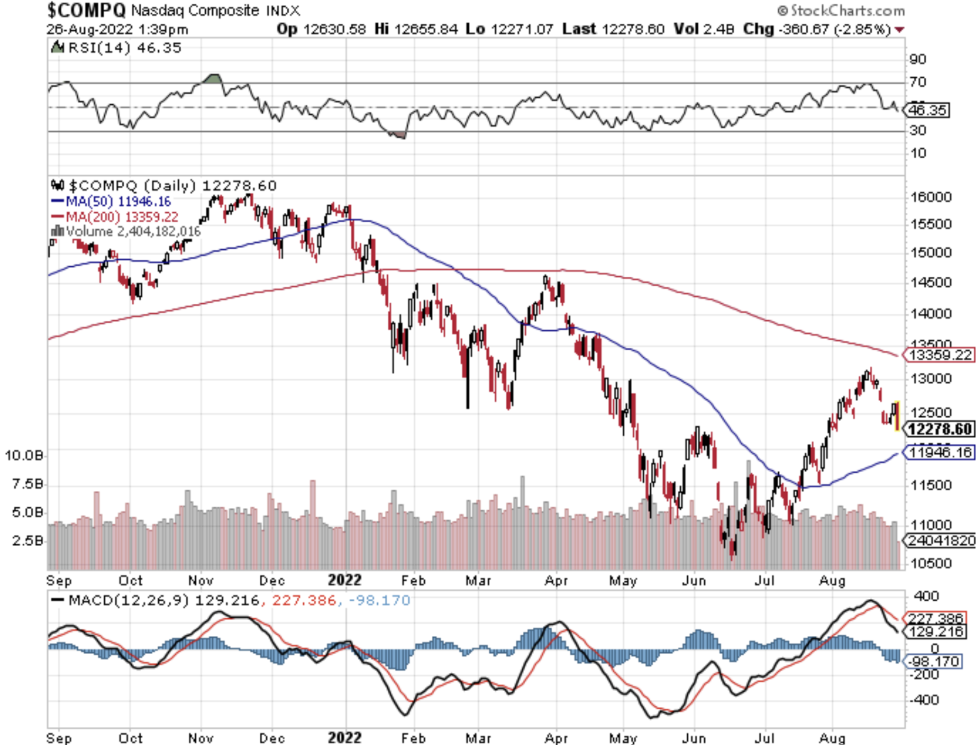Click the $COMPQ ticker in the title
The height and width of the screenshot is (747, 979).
coord(86,10)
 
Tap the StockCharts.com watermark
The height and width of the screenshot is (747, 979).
coord(841,10)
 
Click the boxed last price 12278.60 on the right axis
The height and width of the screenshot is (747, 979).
coord(940,429)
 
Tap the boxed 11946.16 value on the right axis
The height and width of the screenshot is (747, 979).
coord(940,452)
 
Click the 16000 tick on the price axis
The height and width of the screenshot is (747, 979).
coord(931,197)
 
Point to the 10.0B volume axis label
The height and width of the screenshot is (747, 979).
coord(24,455)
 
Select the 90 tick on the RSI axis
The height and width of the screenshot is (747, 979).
coord(917,59)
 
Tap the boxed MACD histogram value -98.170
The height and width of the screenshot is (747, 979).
coord(934,662)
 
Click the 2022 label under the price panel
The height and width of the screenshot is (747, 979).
coord(345,580)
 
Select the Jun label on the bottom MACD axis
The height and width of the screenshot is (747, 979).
coord(693,738)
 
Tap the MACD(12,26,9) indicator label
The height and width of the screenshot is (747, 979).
coord(129,600)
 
